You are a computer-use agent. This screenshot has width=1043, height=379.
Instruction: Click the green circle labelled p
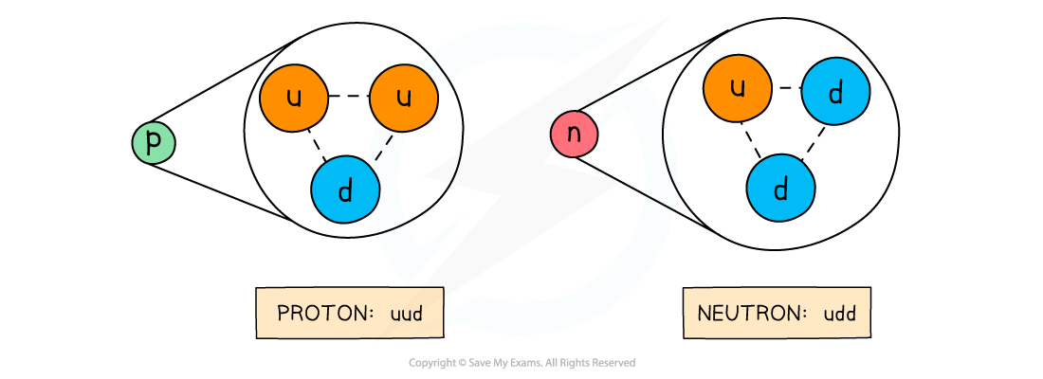pyautogui.click(x=154, y=143)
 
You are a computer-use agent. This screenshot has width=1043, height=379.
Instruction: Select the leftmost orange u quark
pyautogui.click(x=294, y=98)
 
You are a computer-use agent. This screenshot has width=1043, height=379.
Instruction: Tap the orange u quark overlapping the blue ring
pyautogui.click(x=403, y=98)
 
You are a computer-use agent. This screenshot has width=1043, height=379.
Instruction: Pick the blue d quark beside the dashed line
pyautogui.click(x=345, y=190)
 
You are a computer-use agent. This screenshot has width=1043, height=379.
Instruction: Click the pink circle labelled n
pyautogui.click(x=574, y=135)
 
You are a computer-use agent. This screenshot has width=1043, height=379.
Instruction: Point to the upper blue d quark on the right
pyautogui.click(x=835, y=92)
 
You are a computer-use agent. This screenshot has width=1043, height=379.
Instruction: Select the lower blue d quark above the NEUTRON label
pyautogui.click(x=780, y=188)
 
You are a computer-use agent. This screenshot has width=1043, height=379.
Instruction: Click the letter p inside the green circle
pyautogui.click(x=154, y=143)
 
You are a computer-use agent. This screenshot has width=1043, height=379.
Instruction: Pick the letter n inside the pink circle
pyautogui.click(x=574, y=135)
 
